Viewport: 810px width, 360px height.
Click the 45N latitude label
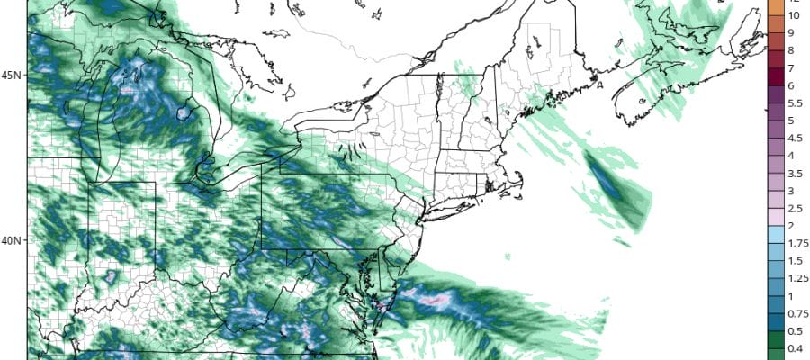tap(13, 75)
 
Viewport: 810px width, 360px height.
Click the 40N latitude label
tap(13, 240)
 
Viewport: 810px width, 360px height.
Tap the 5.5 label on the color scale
tap(794, 103)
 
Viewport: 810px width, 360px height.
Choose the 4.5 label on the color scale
tap(794, 138)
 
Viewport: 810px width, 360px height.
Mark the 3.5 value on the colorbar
tap(794, 173)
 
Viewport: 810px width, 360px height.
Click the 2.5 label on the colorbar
tap(794, 208)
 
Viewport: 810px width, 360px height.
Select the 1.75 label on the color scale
tap(796, 243)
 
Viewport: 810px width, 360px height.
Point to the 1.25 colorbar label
tap(796, 278)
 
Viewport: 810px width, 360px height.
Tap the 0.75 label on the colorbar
tap(796, 313)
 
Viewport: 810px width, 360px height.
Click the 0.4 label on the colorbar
tap(794, 348)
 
